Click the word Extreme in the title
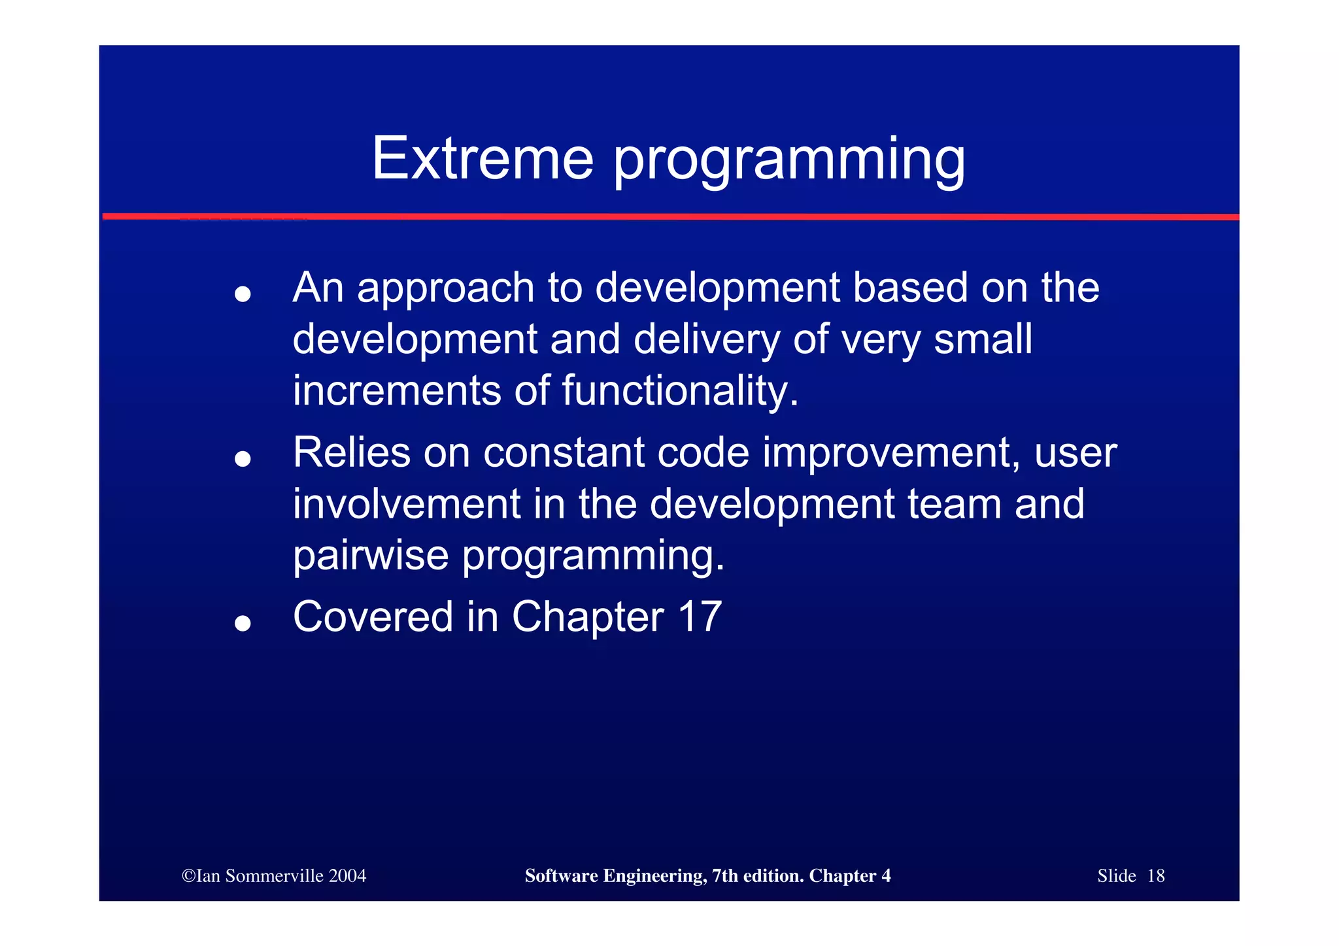[x=483, y=159]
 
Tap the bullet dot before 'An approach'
[x=243, y=294]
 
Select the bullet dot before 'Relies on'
[x=243, y=459]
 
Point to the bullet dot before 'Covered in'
[x=243, y=623]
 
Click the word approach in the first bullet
[x=446, y=290]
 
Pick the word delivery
[x=706, y=340]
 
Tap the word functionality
[x=680, y=391]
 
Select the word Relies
[x=352, y=452]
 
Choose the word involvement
[x=406, y=504]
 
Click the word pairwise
[x=371, y=556]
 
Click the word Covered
[x=373, y=617]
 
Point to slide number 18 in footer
[x=1155, y=876]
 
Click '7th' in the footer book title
[x=724, y=876]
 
